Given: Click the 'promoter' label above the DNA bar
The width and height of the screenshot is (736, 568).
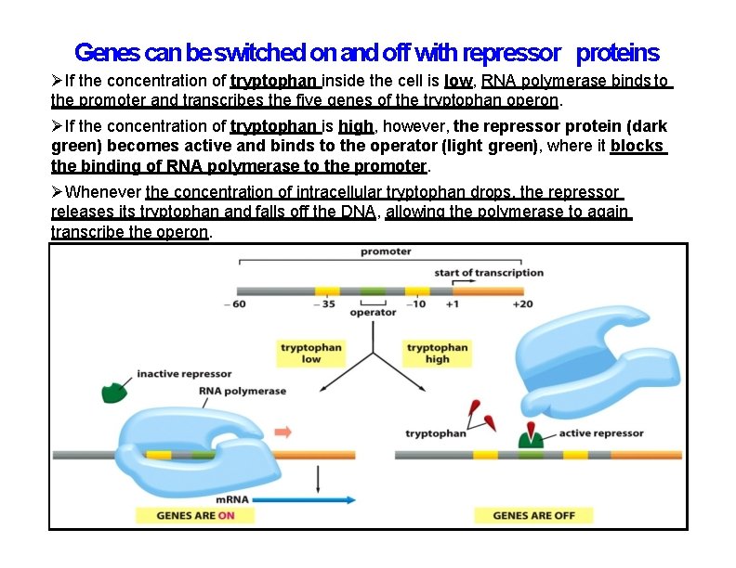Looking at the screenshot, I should (x=385, y=252).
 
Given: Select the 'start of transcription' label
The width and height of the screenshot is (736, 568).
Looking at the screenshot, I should (x=489, y=273).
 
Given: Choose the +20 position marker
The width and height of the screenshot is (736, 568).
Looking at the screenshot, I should (x=522, y=305).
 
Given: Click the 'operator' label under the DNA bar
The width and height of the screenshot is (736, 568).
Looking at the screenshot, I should (x=373, y=313).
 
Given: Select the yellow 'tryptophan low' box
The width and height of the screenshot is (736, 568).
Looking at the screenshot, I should (x=311, y=354).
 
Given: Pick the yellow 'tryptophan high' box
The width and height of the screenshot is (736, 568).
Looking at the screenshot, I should (x=437, y=354).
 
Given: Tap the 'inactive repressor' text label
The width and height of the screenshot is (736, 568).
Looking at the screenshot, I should (x=184, y=374).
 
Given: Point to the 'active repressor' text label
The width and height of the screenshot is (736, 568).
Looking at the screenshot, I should (x=600, y=433).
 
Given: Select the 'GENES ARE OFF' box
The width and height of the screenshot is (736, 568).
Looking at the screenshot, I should (x=533, y=515).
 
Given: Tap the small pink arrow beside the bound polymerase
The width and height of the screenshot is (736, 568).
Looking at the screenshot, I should (x=283, y=432).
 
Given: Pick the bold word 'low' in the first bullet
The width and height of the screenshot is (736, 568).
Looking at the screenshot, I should (x=459, y=81).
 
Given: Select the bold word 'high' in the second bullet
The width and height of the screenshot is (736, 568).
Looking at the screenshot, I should (x=356, y=126).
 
